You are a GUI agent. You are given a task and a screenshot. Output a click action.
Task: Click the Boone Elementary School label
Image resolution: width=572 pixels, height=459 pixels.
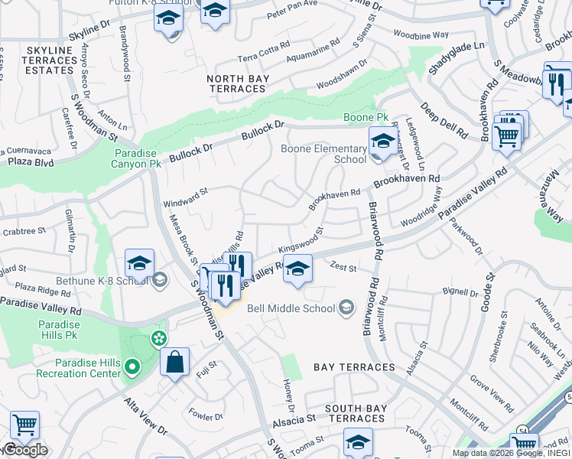pyautogui.click(x=324, y=154)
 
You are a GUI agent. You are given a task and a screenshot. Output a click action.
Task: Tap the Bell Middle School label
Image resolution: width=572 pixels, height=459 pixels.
pyautogui.click(x=291, y=308)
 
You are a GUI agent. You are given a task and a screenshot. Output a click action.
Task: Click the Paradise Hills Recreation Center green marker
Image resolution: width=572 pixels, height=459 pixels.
pyautogui.click(x=132, y=367)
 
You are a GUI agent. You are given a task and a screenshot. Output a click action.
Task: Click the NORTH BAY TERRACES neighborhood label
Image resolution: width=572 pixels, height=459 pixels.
pyautogui.click(x=236, y=83)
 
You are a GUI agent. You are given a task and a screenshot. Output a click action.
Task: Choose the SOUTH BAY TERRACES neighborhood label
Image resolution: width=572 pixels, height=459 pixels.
pyautogui.click(x=355, y=413)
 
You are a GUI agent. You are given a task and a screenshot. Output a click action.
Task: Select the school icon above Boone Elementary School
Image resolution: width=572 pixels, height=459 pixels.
pyautogui.click(x=382, y=141)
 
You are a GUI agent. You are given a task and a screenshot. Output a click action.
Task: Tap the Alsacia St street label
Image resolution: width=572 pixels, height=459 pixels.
pyautogui.click(x=294, y=420)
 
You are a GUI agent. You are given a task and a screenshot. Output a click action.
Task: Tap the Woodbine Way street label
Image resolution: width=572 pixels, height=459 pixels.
pyautogui.click(x=421, y=35)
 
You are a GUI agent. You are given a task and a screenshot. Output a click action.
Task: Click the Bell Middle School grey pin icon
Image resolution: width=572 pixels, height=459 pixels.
pyautogui.click(x=346, y=308)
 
